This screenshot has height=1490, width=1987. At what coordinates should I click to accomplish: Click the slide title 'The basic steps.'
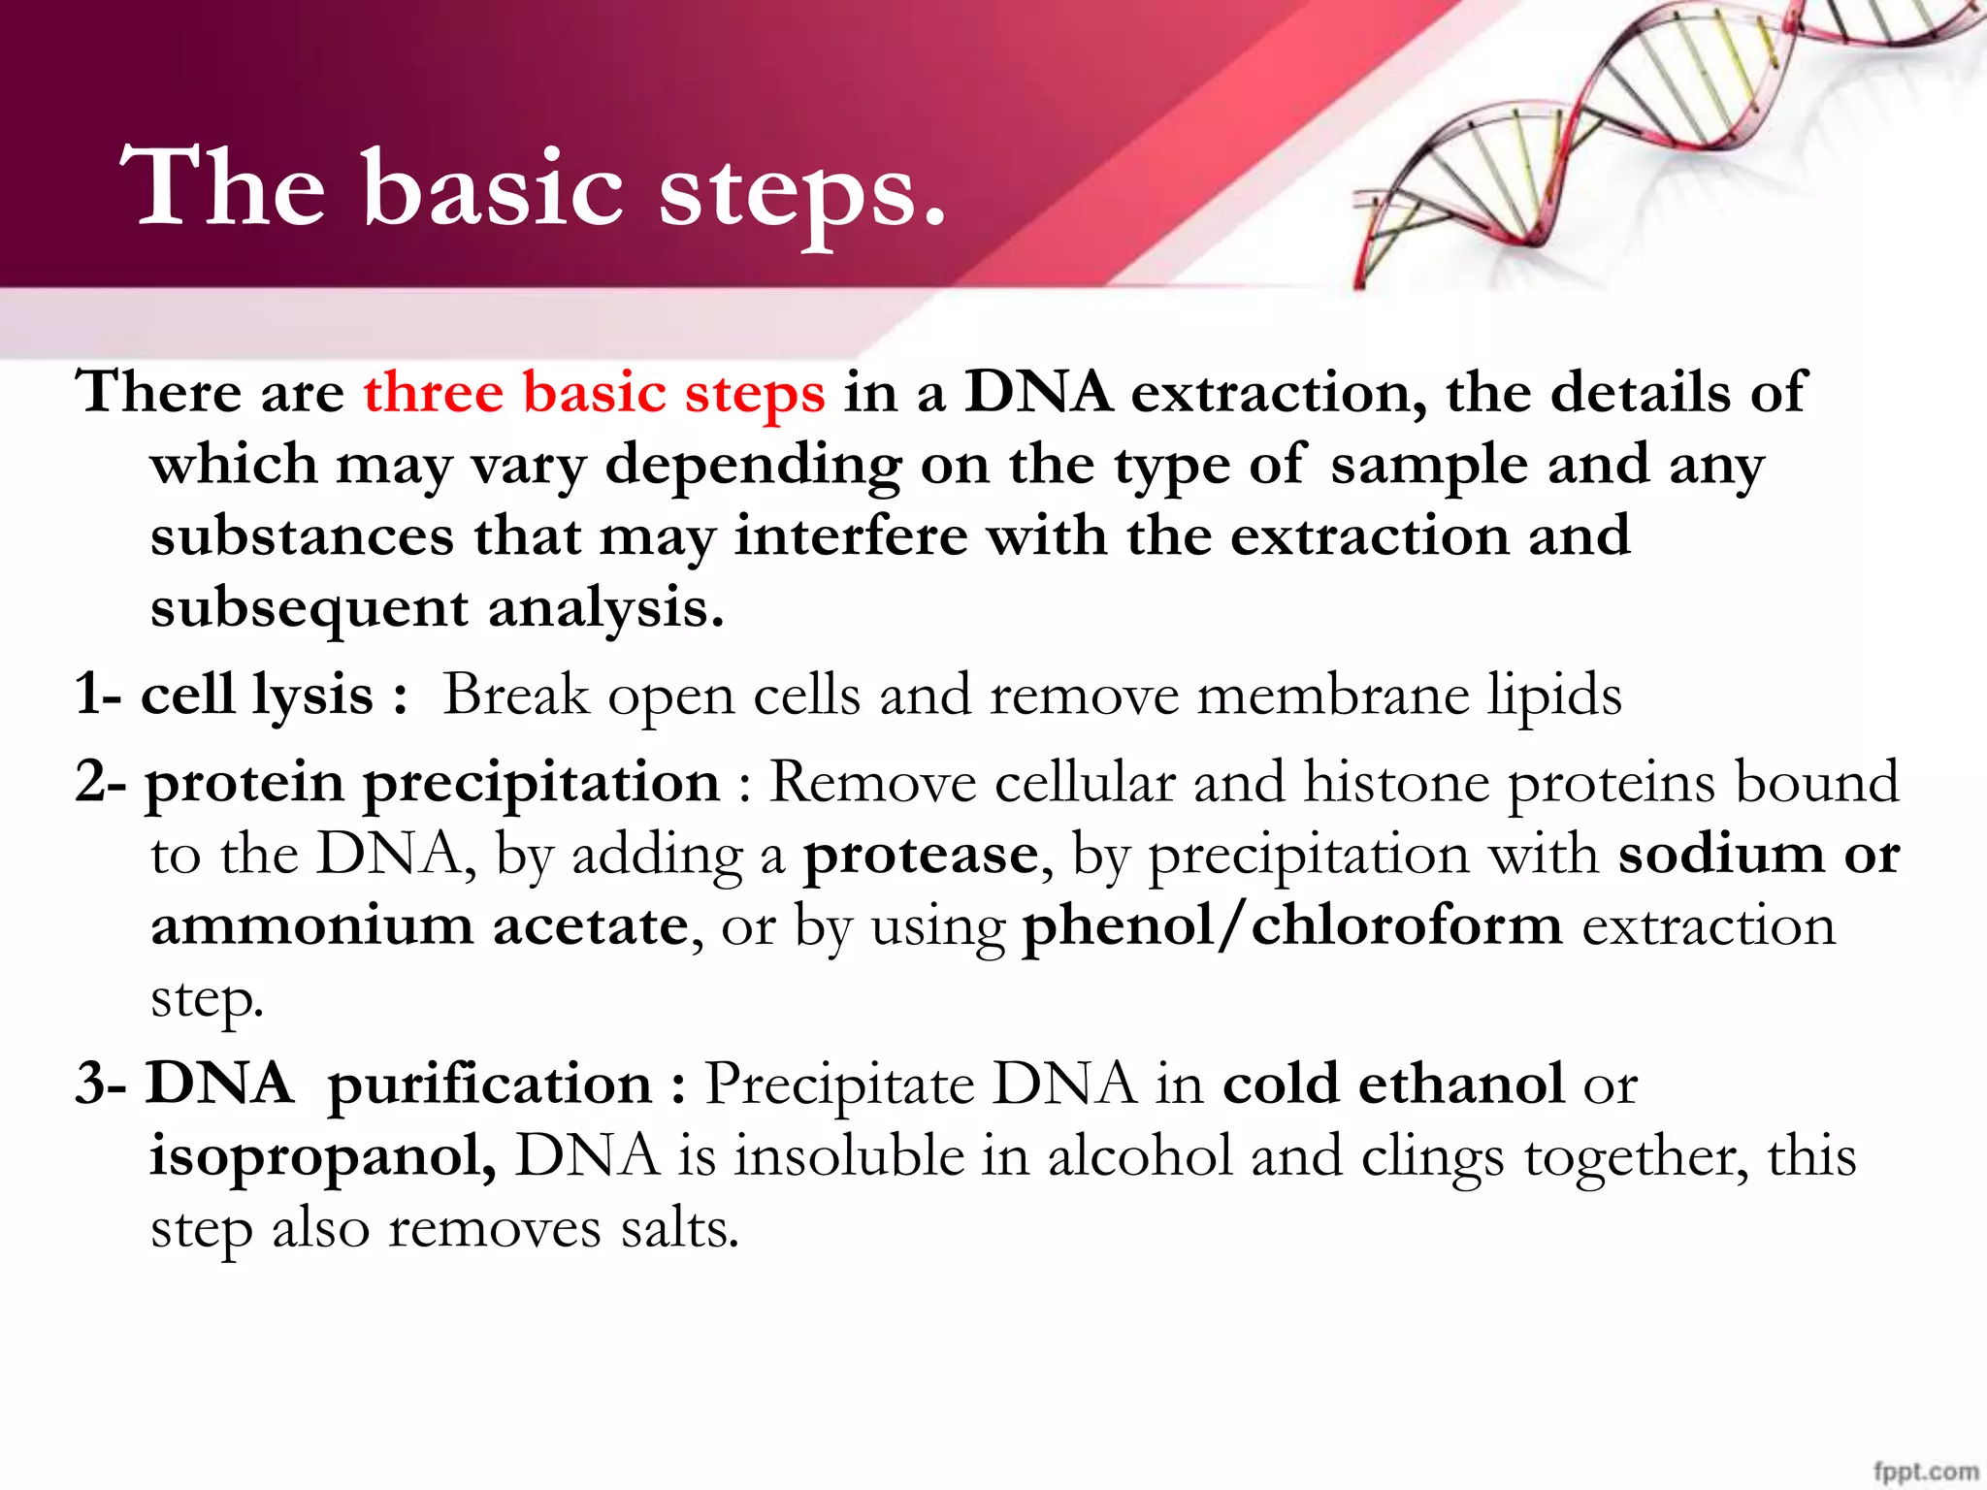pos(532,189)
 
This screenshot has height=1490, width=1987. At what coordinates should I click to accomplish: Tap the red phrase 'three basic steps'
pos(594,393)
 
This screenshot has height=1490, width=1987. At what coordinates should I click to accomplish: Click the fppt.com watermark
pos(1925,1471)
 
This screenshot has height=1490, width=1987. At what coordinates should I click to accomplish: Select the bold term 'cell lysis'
pos(257,695)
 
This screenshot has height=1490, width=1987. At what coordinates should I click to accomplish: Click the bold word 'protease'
pos(921,855)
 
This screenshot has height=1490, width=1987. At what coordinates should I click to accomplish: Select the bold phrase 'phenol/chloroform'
pos(1292,925)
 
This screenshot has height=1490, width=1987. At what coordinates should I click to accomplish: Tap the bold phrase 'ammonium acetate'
pos(419,925)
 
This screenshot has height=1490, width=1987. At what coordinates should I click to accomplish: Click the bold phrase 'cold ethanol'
pos(1392,1084)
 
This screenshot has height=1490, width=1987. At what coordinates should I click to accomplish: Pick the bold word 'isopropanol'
pos(320,1156)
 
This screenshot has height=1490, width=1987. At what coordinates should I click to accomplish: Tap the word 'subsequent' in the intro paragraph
pos(309,609)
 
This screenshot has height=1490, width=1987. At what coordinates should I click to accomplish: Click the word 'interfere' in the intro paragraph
pos(851,536)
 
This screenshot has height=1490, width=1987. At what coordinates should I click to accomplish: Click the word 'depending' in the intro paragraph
pos(753,466)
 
